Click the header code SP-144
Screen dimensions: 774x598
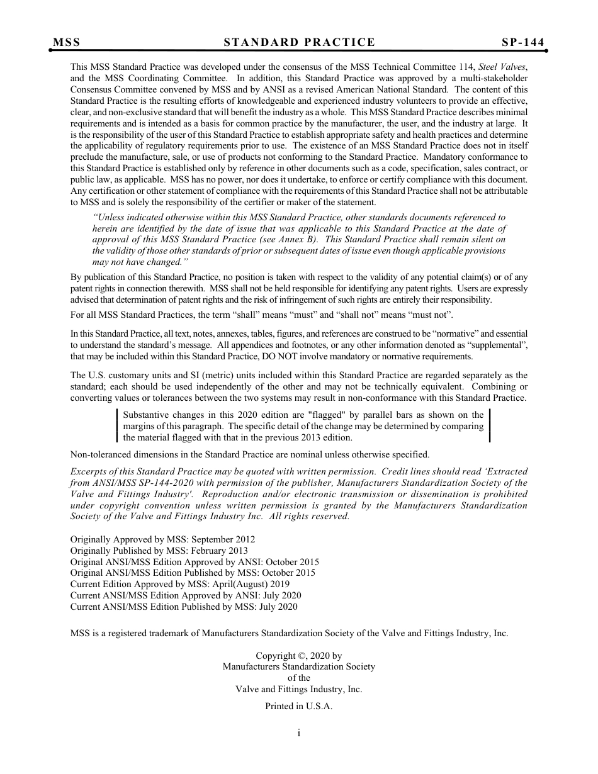[522, 43]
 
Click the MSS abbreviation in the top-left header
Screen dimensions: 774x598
[66, 43]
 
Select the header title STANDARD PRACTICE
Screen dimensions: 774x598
[299, 43]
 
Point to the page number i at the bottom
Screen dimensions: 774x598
[298, 732]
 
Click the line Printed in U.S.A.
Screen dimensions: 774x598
[298, 706]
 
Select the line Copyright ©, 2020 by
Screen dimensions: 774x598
[298, 656]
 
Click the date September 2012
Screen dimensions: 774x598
[223, 539]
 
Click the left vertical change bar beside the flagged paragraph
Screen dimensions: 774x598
[118, 426]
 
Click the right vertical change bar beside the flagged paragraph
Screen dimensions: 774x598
[490, 426]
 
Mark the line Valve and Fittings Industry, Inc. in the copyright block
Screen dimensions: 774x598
[298, 689]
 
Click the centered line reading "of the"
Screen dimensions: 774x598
[298, 678]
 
